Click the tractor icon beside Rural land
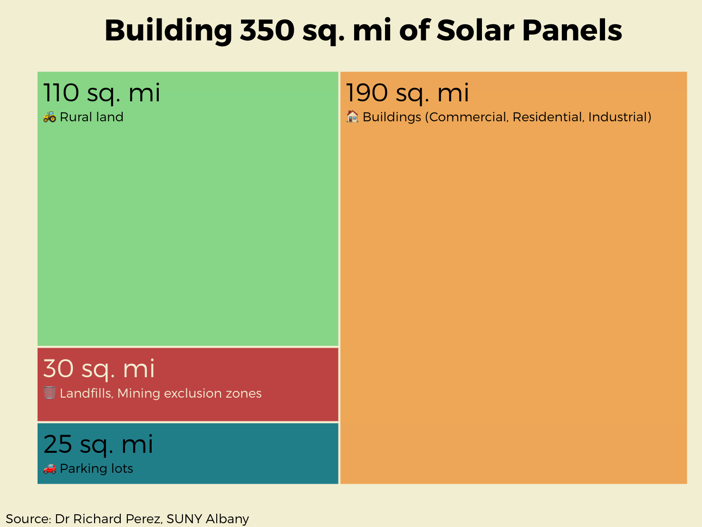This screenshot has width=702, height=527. (x=49, y=117)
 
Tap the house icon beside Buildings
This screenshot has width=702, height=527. (x=352, y=117)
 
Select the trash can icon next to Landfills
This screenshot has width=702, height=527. (x=49, y=393)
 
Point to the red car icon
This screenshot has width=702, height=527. (x=49, y=468)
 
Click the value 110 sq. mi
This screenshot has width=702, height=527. (x=102, y=93)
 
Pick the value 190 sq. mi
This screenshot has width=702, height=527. (x=407, y=93)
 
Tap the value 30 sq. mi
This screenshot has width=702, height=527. (x=99, y=369)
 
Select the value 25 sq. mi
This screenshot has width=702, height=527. (x=98, y=444)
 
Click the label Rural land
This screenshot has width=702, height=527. (x=92, y=117)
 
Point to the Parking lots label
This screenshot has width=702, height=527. (x=96, y=468)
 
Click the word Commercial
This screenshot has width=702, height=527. (x=467, y=117)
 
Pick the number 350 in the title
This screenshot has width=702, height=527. (x=268, y=30)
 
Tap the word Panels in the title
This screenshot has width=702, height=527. (x=572, y=30)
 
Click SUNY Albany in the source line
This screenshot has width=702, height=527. (x=208, y=518)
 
